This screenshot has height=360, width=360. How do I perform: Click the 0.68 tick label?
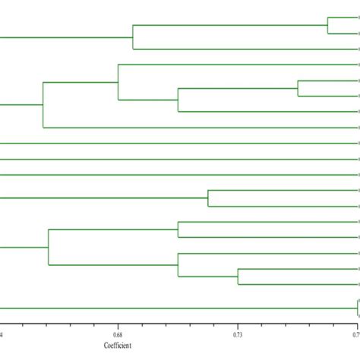(x=118, y=333)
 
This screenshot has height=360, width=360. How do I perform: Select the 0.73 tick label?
(x=238, y=333)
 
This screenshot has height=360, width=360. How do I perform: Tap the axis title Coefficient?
(x=118, y=346)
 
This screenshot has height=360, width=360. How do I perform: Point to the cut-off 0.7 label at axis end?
(x=355, y=333)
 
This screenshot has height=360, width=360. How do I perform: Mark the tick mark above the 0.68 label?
(x=118, y=324)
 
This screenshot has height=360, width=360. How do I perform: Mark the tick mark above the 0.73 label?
(x=238, y=324)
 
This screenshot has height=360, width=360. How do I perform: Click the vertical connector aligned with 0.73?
(x=238, y=276)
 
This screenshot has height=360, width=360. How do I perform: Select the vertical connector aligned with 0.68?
(x=118, y=82)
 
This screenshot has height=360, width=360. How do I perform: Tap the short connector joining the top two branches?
(x=327, y=26)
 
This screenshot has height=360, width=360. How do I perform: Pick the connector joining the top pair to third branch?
(x=133, y=37)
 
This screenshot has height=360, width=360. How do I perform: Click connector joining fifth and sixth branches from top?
(x=298, y=88)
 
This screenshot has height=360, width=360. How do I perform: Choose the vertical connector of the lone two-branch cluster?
(x=208, y=198)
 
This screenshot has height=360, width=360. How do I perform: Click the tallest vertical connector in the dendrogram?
(x=43, y=104)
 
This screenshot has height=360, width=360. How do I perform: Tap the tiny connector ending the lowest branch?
(x=357, y=308)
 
